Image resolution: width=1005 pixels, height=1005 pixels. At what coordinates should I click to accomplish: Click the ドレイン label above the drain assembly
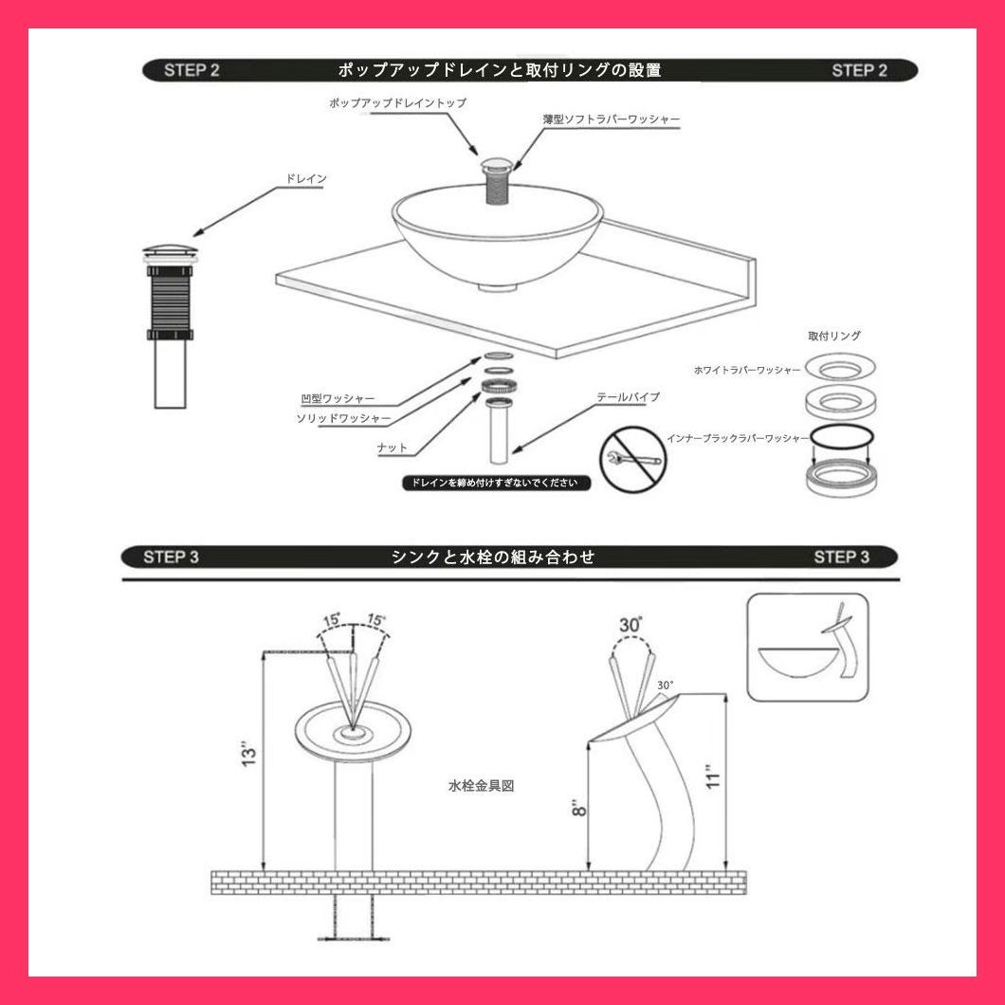305,179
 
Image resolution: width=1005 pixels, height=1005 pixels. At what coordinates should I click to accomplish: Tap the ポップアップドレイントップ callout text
397,102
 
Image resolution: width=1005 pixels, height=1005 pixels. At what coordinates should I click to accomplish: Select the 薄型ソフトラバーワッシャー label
612,119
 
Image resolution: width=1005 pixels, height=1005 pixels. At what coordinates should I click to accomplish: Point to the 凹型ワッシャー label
338,398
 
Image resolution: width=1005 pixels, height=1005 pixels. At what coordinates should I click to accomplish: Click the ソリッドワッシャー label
343,418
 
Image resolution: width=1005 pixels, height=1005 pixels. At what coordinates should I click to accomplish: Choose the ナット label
393,448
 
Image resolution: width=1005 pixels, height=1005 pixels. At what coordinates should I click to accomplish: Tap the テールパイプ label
628,397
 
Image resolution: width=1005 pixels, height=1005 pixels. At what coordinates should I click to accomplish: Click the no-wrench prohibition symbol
632,460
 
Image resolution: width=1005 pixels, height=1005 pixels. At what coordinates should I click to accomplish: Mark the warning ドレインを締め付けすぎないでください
496,483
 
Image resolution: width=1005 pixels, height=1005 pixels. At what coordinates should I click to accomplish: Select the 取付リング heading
834,336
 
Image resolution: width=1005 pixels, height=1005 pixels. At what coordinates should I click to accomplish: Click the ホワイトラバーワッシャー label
747,371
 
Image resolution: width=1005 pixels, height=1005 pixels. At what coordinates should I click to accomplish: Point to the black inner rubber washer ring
842,436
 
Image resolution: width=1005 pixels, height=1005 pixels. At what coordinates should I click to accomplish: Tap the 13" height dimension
248,754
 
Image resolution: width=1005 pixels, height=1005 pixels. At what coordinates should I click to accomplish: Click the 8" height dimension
578,808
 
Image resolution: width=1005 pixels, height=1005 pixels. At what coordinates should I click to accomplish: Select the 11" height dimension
713,777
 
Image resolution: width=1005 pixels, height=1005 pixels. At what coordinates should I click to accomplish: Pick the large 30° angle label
630,625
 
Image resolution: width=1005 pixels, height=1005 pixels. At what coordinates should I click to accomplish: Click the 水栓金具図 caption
481,786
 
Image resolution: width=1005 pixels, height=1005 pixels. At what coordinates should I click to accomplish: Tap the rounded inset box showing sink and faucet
808,647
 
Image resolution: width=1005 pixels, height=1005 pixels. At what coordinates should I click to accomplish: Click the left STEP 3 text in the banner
171,557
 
